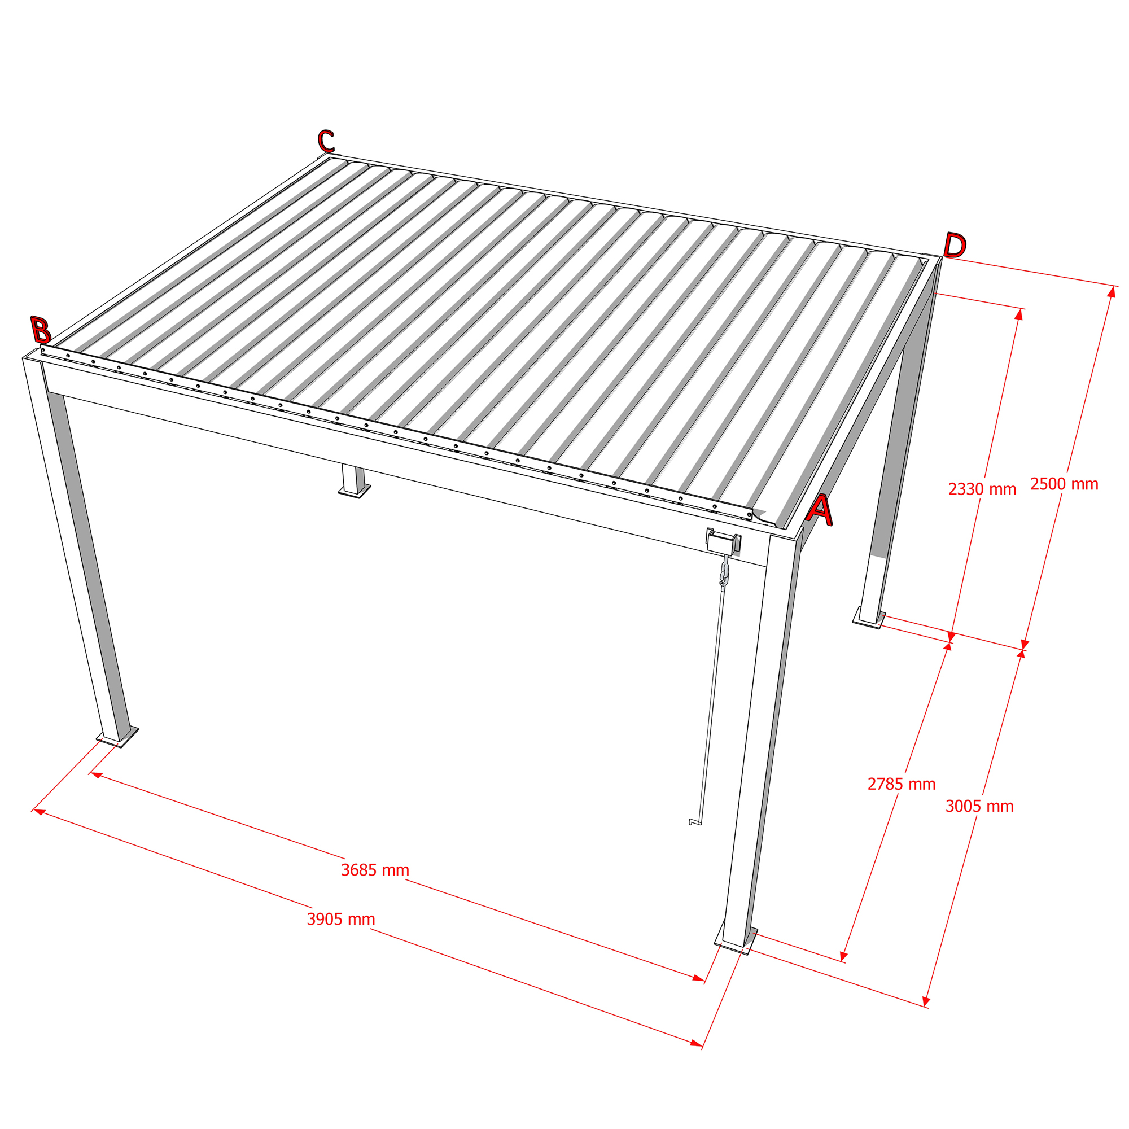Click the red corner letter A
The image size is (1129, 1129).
pos(820,510)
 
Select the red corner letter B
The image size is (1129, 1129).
pos(41,330)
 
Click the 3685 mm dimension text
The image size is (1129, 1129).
pos(375,870)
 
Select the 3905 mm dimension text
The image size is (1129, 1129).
pos(342,919)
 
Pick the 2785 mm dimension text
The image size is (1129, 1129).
pos(902,784)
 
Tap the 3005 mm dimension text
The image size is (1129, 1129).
pos(979,807)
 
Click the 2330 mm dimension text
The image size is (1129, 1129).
pos(982,489)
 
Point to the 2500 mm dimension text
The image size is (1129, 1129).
pos(1064,484)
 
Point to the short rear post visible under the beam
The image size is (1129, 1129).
pos(353,481)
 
